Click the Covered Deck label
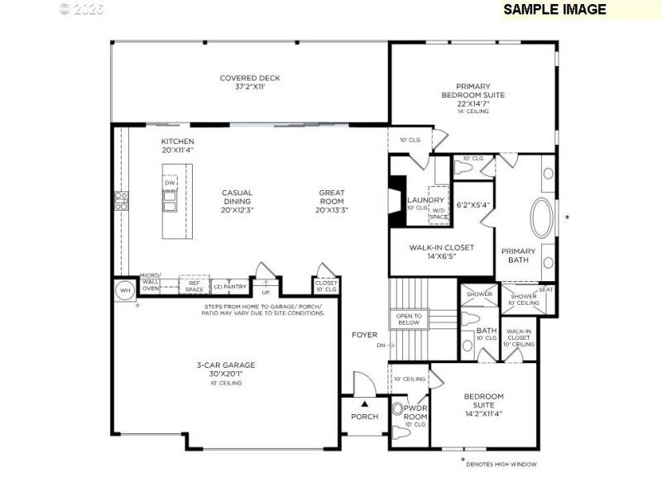click(x=250, y=83)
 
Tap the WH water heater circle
click(x=124, y=290)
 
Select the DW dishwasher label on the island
click(x=170, y=184)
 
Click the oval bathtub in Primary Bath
click(x=544, y=217)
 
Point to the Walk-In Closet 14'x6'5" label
click(x=443, y=251)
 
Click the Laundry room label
click(x=425, y=200)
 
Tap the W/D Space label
click(x=438, y=214)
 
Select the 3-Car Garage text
click(x=225, y=369)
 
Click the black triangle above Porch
click(x=363, y=404)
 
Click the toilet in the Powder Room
click(x=399, y=408)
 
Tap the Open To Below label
click(x=409, y=319)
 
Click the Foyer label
click(x=364, y=335)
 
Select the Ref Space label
click(x=194, y=286)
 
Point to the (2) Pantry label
click(x=230, y=286)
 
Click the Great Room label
click(x=332, y=201)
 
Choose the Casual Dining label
click(x=237, y=201)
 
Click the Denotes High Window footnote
click(x=501, y=464)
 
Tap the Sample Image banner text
click(x=554, y=10)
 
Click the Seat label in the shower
click(x=546, y=289)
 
